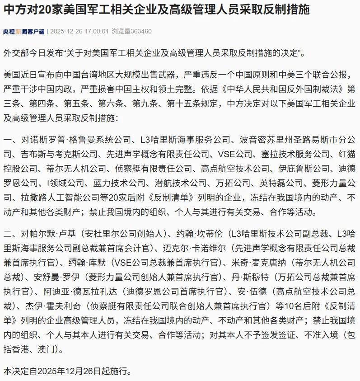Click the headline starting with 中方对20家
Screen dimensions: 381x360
156,10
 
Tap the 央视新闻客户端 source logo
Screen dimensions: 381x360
23,32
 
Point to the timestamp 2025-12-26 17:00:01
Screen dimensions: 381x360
79,32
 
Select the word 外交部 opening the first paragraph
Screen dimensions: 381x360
14,53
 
